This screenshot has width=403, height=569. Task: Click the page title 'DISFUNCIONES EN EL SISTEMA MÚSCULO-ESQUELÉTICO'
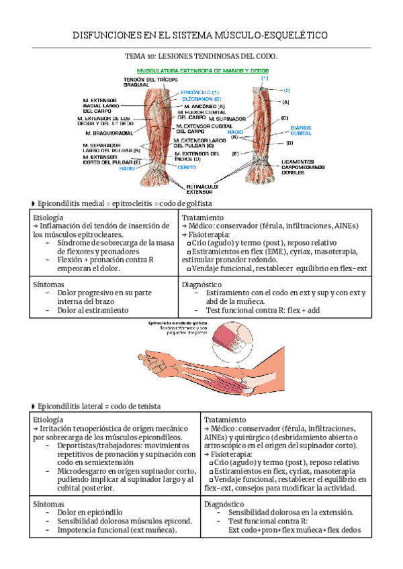[x=201, y=35]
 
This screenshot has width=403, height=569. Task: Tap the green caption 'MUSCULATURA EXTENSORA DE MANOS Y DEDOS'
[x=202, y=70]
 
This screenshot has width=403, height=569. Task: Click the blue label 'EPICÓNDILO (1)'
[x=200, y=92]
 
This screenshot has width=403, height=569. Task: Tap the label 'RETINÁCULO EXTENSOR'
[x=199, y=188]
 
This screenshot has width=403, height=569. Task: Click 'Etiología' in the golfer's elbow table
[x=48, y=218]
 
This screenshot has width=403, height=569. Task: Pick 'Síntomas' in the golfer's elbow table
[x=48, y=284]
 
